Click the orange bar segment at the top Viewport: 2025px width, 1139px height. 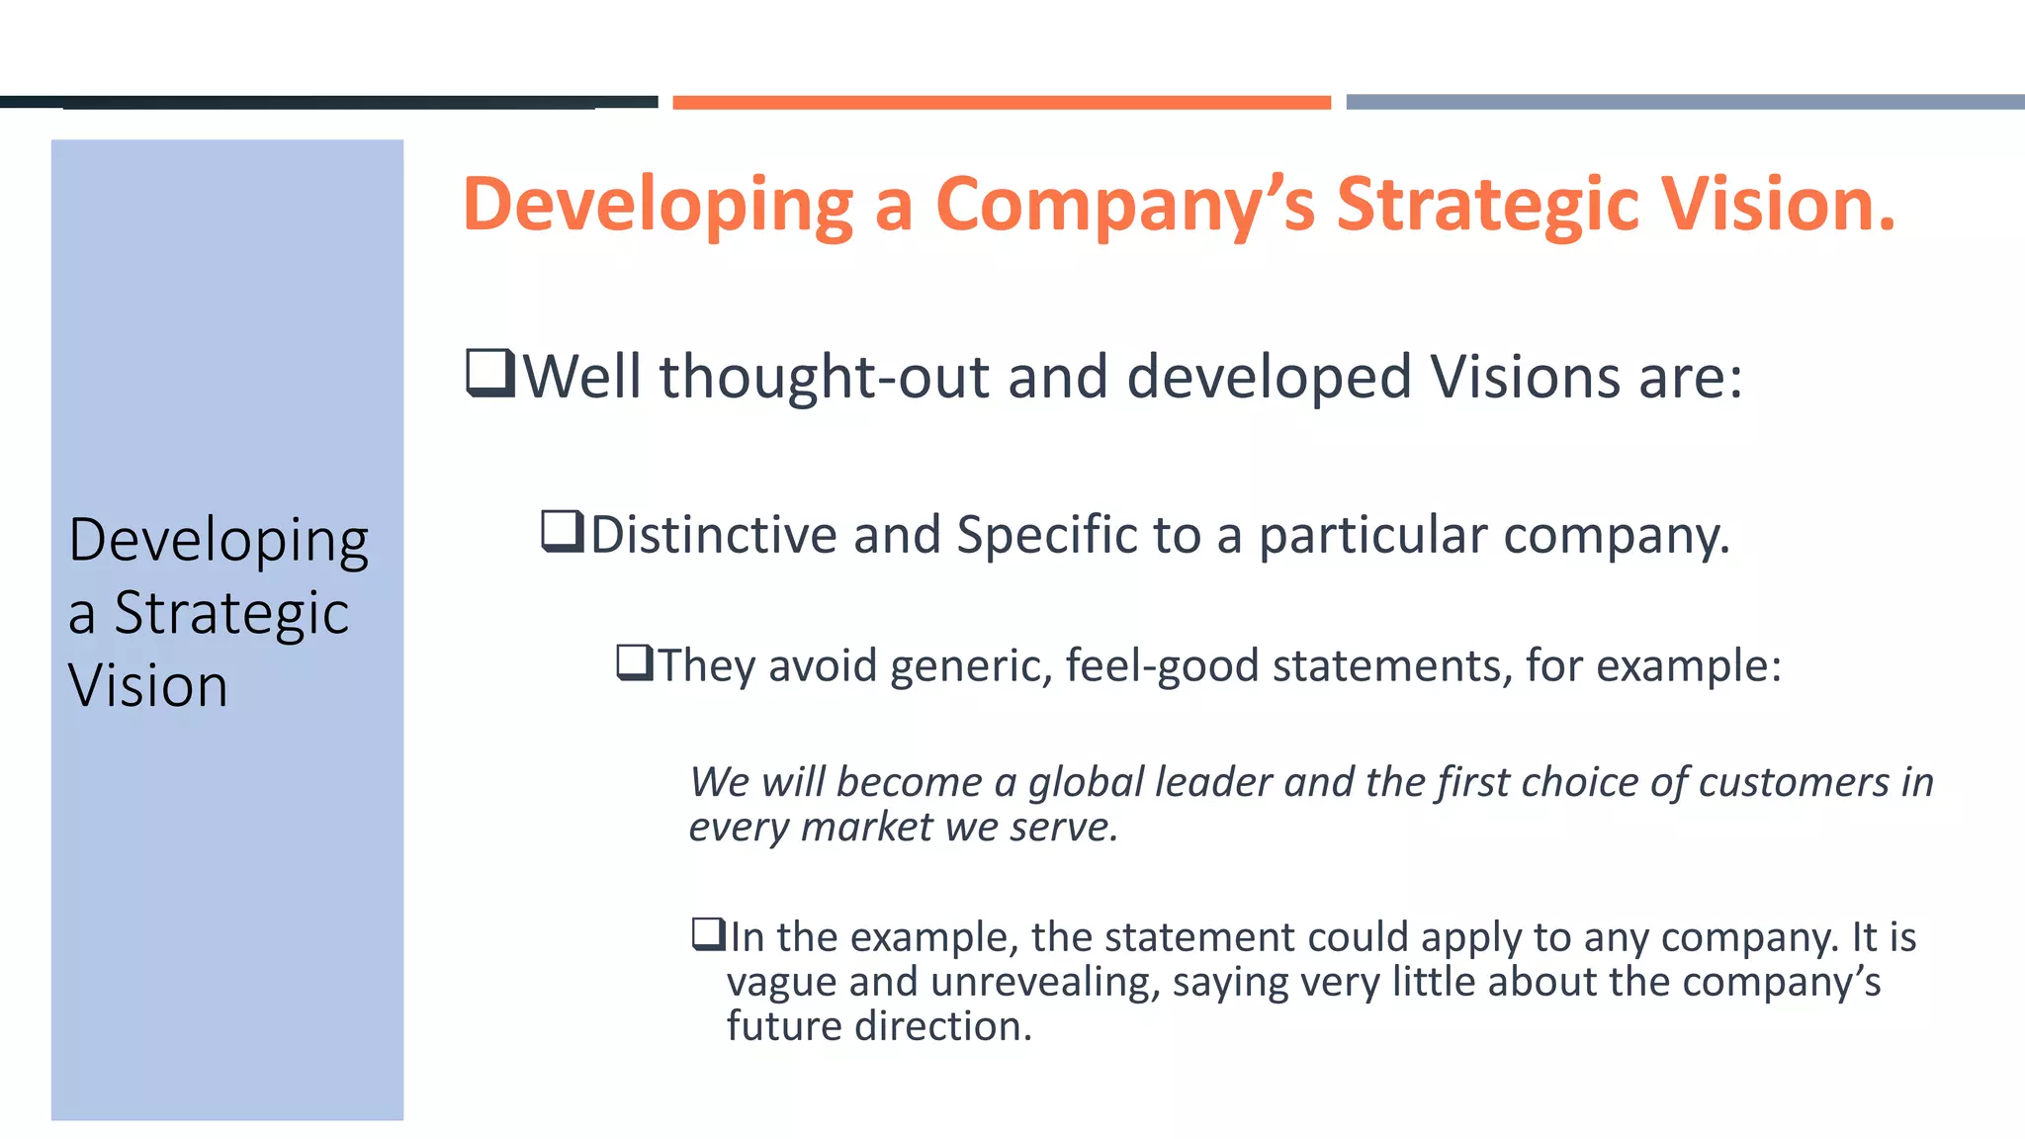click(1001, 103)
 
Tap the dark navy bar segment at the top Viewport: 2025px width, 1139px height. click(328, 102)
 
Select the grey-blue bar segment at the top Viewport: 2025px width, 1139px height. click(1685, 102)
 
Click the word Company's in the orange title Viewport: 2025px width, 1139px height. click(1125, 206)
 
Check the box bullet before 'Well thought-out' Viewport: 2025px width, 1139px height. click(490, 374)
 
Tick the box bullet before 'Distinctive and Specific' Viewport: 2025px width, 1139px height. click(563, 532)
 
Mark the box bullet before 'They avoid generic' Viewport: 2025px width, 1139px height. click(635, 662)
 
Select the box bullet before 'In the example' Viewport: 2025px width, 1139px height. click(709, 934)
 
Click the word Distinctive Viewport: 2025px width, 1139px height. click(713, 535)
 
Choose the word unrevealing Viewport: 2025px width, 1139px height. click(1044, 982)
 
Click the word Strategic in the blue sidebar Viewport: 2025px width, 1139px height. click(231, 614)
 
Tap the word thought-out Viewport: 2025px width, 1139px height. click(825, 377)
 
